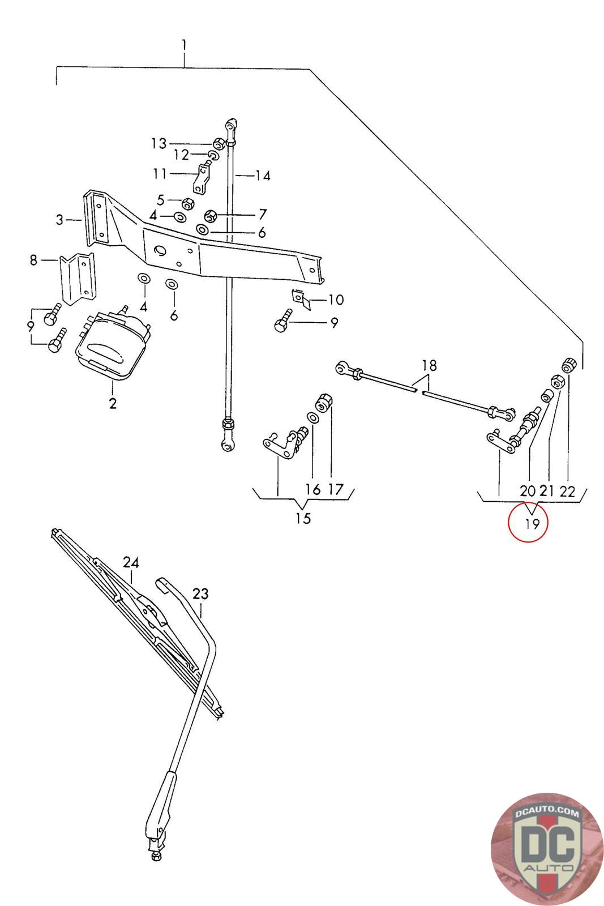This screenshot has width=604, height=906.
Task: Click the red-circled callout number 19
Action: point(532,524)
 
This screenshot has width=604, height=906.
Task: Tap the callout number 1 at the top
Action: point(184,45)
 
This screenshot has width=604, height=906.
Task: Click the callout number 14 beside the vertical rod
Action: point(262,176)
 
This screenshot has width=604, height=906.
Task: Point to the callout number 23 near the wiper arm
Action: point(200,594)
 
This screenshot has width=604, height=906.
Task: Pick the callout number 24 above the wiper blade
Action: point(131,563)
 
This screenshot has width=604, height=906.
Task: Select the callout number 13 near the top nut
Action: point(159,143)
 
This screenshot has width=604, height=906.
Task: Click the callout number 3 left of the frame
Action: point(60,220)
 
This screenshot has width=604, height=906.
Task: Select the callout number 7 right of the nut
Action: point(262,215)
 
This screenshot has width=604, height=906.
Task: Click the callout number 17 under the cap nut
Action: point(335,489)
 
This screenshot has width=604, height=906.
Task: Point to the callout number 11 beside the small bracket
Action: point(160,173)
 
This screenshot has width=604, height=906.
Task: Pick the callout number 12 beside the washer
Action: point(181,155)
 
